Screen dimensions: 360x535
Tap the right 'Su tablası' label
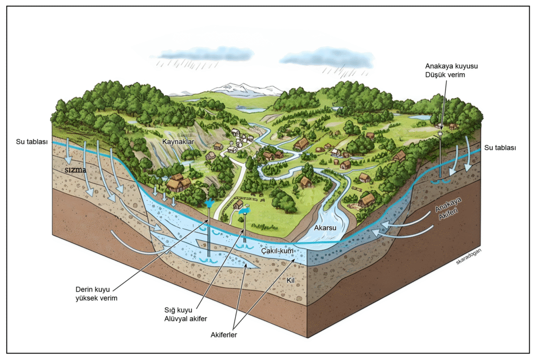501,148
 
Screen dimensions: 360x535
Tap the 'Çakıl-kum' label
277,251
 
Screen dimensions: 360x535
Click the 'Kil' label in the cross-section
292,280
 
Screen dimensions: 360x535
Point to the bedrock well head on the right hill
440,134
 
